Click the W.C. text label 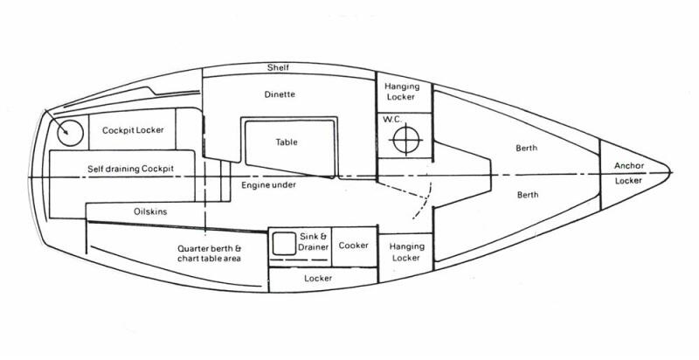click(388, 121)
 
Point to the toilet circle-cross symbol click(407, 138)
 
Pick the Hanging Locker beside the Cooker click(406, 252)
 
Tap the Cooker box click(355, 245)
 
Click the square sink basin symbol click(284, 244)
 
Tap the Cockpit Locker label click(133, 130)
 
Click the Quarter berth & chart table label click(206, 253)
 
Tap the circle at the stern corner click(67, 133)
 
